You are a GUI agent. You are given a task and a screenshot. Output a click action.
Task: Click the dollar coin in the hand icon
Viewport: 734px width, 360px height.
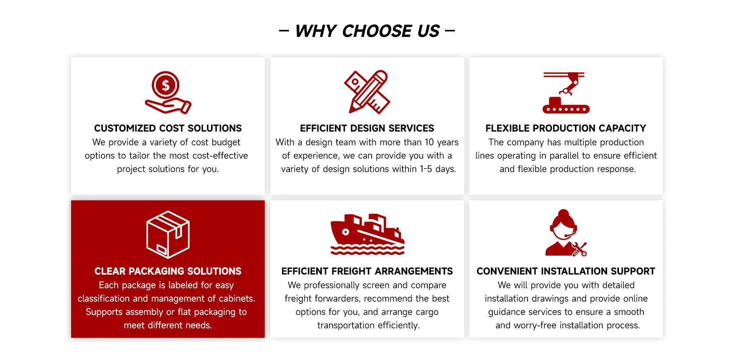[x=166, y=85]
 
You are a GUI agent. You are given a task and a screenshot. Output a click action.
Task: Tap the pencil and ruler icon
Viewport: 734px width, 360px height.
[x=367, y=92]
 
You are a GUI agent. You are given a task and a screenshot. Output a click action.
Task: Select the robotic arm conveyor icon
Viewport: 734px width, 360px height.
[x=566, y=92]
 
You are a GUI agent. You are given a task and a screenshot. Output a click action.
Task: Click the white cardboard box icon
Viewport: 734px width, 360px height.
[x=168, y=234]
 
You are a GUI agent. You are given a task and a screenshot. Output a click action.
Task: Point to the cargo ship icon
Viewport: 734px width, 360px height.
[x=367, y=234]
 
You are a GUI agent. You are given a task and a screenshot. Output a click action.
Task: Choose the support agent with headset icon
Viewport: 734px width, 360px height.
[x=566, y=233]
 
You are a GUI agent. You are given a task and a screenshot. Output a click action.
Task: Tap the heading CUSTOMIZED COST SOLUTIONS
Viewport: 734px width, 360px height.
[x=168, y=128]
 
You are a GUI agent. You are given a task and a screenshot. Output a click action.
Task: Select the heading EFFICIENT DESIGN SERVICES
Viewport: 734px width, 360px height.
[x=367, y=128]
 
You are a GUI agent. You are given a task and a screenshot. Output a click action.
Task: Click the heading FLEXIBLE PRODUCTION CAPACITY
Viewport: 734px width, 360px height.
[x=566, y=128]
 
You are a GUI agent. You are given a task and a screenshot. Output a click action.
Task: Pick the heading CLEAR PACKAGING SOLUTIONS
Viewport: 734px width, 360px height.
[x=168, y=271]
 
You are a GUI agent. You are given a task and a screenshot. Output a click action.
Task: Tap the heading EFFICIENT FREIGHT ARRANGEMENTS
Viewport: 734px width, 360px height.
[x=367, y=271]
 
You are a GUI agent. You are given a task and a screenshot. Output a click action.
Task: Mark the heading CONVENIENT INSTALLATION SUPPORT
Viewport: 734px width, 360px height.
[x=566, y=271]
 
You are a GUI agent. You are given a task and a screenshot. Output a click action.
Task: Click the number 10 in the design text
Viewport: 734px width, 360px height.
[x=429, y=142]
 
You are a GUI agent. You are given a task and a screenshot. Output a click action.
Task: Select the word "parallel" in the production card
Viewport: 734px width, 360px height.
[x=564, y=156]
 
